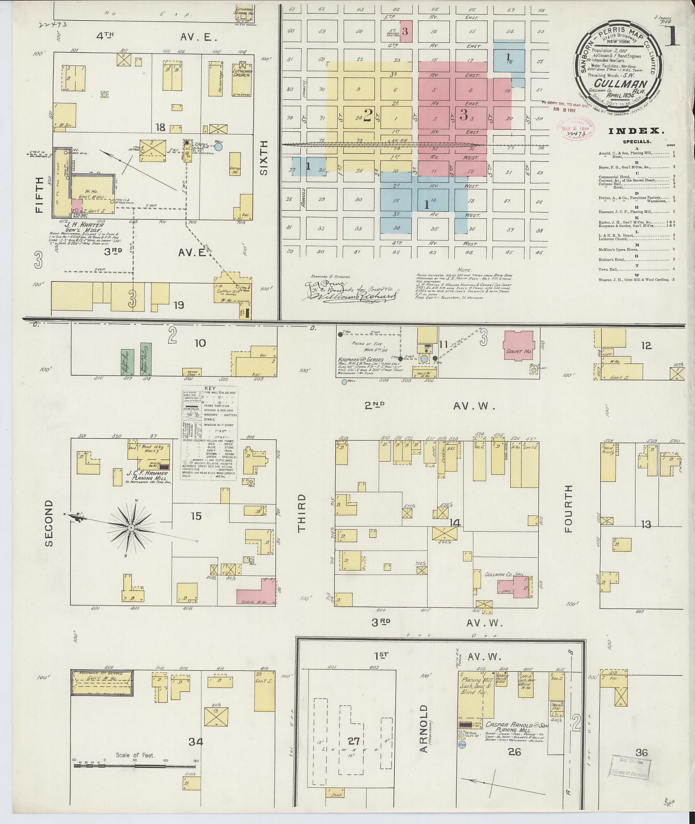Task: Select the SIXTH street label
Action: [264, 157]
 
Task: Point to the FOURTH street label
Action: [568, 509]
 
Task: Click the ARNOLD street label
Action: [424, 728]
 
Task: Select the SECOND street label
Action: [49, 523]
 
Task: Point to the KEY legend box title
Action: [210, 388]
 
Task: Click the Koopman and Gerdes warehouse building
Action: [102, 683]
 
